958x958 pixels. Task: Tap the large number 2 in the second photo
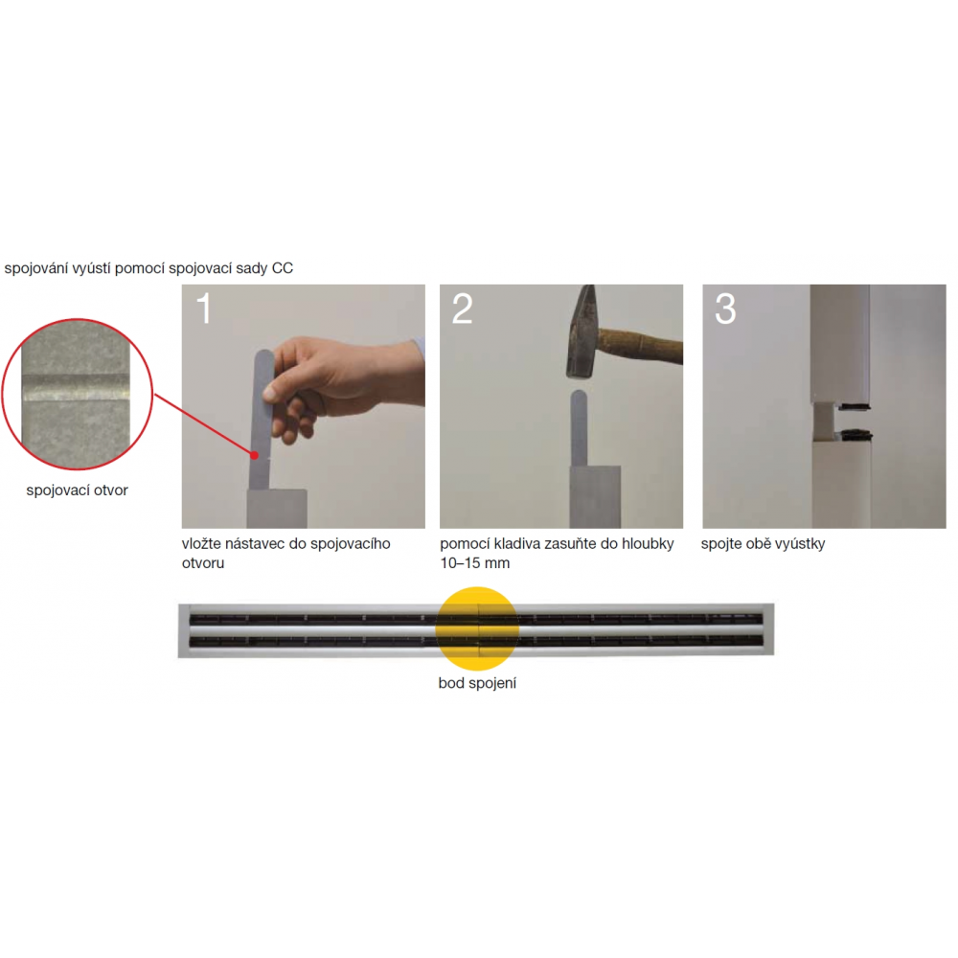click(x=463, y=308)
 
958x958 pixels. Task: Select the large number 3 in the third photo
click(x=725, y=308)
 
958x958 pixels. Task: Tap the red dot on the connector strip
click(x=254, y=455)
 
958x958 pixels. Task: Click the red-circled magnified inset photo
click(x=77, y=394)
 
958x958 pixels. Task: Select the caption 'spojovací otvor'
click(x=77, y=490)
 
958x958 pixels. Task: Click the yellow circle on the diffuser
click(x=476, y=628)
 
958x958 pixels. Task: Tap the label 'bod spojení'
click(x=477, y=683)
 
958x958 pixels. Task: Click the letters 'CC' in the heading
click(x=283, y=268)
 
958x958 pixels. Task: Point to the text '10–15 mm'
click(x=475, y=563)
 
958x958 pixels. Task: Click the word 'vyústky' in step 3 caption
click(x=801, y=544)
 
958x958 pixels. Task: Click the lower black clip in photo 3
click(x=856, y=435)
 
